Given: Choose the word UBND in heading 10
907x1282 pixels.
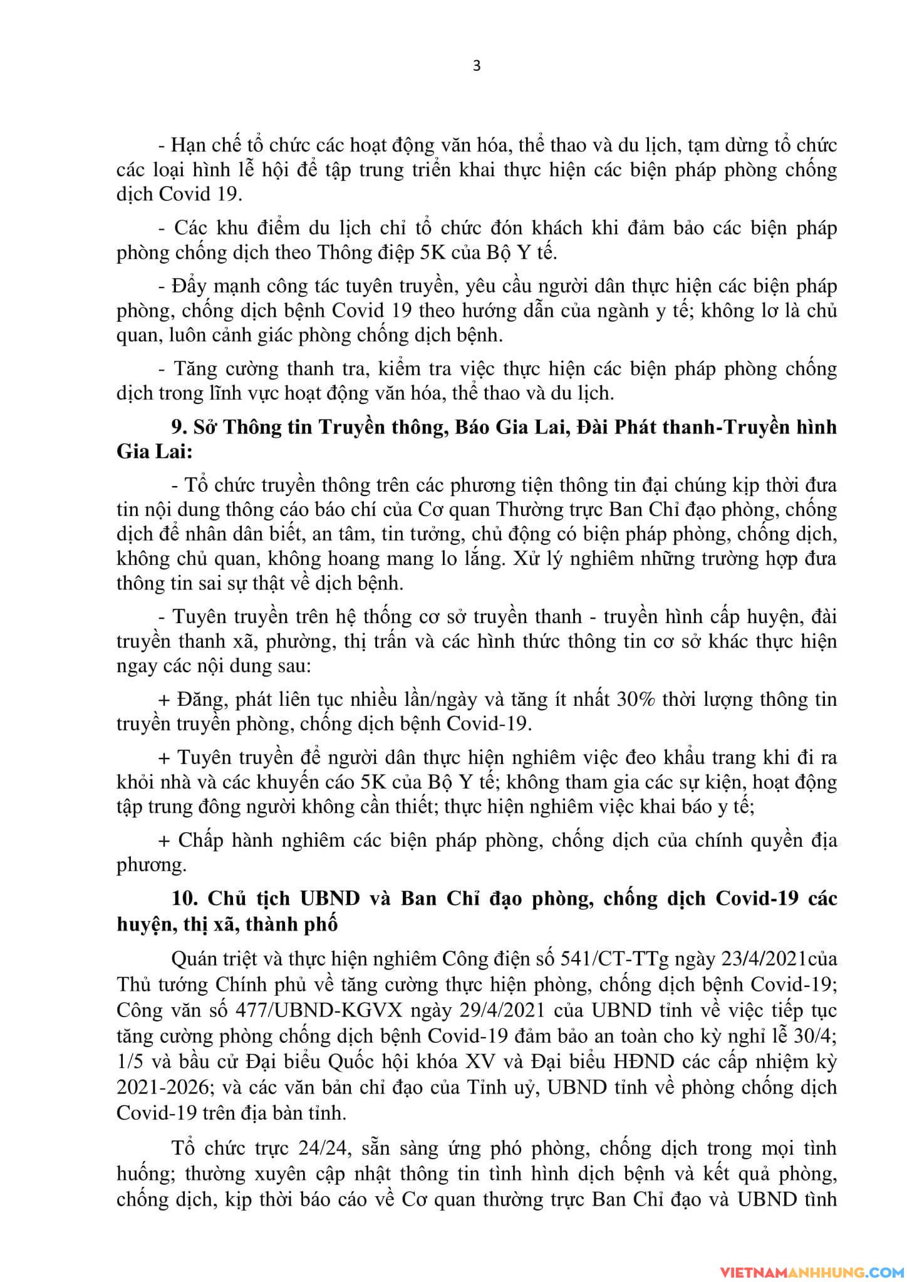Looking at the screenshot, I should click(330, 899).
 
